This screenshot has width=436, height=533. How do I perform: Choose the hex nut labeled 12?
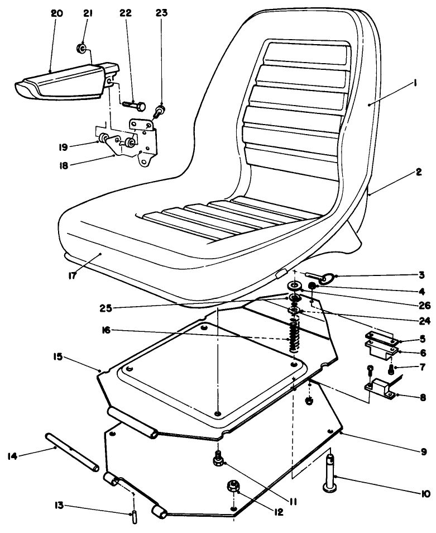pyautogui.click(x=233, y=488)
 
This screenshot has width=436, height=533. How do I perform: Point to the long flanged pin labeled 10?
pyautogui.click(x=332, y=474)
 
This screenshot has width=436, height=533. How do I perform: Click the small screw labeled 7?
pyautogui.click(x=391, y=370)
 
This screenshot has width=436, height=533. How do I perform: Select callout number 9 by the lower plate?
pyautogui.click(x=423, y=451)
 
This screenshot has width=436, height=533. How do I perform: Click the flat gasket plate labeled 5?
pyautogui.click(x=380, y=337)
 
